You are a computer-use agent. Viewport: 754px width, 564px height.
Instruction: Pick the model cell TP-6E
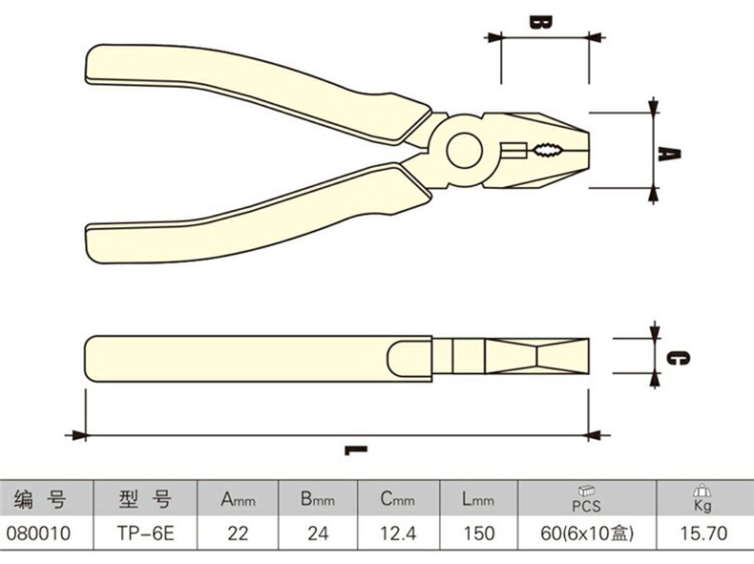[142, 534]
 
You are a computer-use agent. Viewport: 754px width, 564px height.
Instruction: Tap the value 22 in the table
[238, 534]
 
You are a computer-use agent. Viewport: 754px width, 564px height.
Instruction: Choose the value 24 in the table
[318, 534]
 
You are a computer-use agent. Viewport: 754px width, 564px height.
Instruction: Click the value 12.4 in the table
[398, 534]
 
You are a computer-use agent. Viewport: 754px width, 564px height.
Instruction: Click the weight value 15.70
[702, 534]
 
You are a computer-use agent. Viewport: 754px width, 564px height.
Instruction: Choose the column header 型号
[143, 498]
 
